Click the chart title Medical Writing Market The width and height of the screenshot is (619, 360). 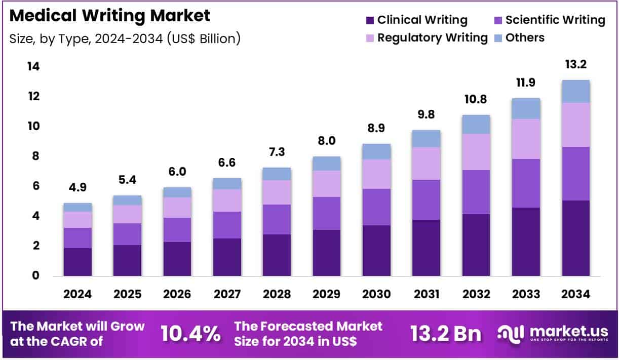(x=109, y=16)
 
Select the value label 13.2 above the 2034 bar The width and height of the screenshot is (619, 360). (x=575, y=65)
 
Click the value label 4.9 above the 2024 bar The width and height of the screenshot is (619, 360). (x=78, y=187)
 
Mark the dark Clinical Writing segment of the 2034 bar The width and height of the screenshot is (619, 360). (x=575, y=238)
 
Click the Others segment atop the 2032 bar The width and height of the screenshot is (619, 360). (x=476, y=124)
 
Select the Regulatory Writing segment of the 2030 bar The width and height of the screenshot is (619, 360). (x=376, y=174)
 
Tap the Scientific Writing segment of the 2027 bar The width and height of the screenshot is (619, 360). (x=227, y=225)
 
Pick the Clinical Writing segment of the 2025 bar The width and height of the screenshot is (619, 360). (x=127, y=260)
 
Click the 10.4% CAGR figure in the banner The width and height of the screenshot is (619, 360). (x=190, y=334)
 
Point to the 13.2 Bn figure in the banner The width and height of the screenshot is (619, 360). (x=446, y=334)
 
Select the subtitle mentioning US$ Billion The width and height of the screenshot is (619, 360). (x=125, y=38)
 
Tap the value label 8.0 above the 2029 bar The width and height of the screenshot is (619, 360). (x=326, y=141)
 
